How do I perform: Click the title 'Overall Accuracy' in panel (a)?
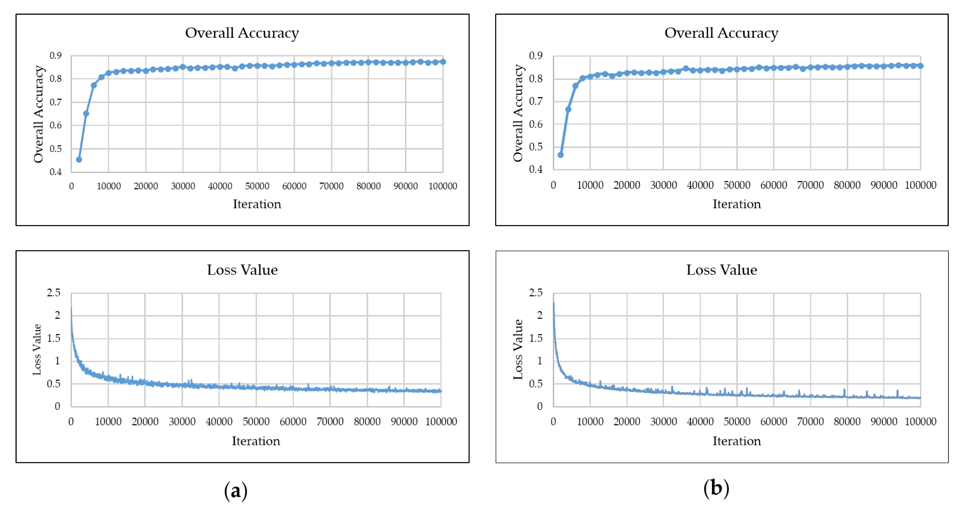(x=242, y=33)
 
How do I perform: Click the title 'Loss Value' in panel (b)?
(x=721, y=270)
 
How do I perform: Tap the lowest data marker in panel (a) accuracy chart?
(x=79, y=159)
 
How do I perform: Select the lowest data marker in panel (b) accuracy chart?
(x=560, y=155)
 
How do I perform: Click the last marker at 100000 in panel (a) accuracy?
(x=443, y=62)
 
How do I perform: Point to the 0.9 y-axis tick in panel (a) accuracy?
(x=56, y=56)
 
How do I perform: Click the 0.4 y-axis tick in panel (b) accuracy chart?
(x=535, y=169)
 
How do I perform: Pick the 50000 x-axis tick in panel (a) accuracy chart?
(x=257, y=186)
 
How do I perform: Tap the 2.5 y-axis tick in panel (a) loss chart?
(x=53, y=293)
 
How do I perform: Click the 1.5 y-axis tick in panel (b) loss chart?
(x=535, y=338)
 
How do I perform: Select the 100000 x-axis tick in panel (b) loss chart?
(x=920, y=422)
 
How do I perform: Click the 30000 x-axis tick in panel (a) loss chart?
(x=182, y=422)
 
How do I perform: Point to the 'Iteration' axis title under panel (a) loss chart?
(x=256, y=441)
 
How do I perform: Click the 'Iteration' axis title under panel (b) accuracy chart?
(x=736, y=204)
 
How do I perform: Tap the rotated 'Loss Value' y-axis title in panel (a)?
(x=37, y=349)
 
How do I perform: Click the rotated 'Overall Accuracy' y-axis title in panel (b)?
(x=518, y=113)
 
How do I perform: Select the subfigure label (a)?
(x=235, y=490)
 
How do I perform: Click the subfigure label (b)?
(x=716, y=488)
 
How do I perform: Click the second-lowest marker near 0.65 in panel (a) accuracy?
(x=86, y=113)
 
